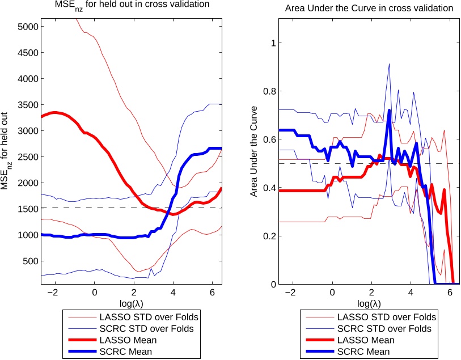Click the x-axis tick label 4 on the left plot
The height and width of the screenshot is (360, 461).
pos(173,293)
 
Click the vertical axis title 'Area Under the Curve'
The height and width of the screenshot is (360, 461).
pos(255,151)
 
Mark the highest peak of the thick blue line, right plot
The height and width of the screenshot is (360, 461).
pos(390,111)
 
